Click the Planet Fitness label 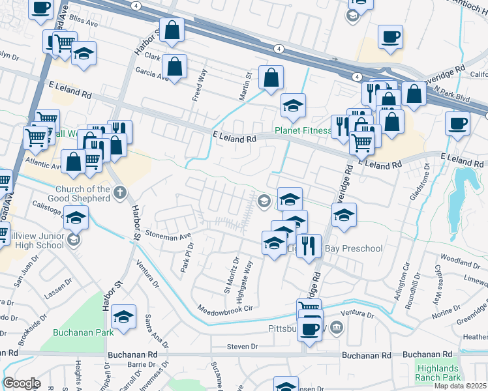[x=303, y=130]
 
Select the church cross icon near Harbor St [x=119, y=192]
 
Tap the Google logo [x=21, y=383]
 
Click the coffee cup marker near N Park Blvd [x=457, y=123]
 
